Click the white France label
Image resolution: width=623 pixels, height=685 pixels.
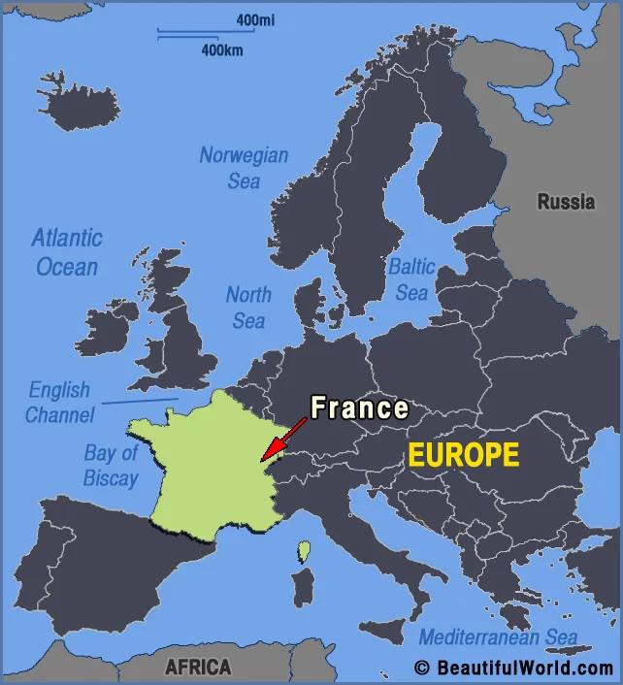[x=359, y=408]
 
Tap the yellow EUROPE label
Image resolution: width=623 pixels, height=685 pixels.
[x=463, y=455]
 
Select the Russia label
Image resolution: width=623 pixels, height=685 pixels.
[x=566, y=202]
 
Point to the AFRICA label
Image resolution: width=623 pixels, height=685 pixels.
[x=198, y=667]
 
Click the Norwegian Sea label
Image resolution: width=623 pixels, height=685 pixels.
[x=244, y=167]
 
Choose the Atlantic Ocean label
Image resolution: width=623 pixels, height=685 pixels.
[x=66, y=251]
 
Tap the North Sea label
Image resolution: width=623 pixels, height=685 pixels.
[x=248, y=307]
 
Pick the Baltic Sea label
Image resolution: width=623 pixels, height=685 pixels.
[x=411, y=278]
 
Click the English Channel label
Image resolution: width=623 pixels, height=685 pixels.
[x=59, y=402]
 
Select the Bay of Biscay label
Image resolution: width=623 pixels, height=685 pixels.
[x=111, y=465]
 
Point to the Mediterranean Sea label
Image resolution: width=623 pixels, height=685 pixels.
[x=498, y=637]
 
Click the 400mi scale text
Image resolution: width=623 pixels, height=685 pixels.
[x=254, y=19]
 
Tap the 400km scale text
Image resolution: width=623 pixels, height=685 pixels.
[x=222, y=49]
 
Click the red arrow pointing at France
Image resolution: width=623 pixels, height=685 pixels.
[x=281, y=437]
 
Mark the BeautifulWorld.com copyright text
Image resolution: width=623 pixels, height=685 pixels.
[x=513, y=668]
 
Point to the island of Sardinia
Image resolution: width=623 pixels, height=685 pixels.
[x=303, y=588]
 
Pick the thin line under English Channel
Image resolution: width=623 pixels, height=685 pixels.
[x=140, y=400]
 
